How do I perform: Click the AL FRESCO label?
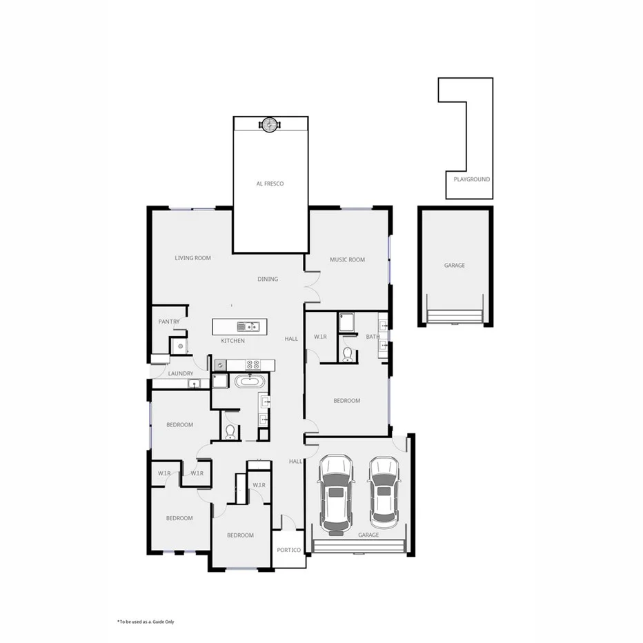pos(270,184)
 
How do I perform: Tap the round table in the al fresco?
pos(269,124)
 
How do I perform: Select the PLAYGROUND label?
pos(472,179)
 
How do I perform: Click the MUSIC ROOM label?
pos(347,260)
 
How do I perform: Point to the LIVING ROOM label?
pos(192,258)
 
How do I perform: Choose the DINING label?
pos(268,279)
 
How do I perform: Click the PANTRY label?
pos(169,321)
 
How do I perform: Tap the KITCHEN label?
pos(233,341)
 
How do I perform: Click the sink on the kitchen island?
pos(247,326)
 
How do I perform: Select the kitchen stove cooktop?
pos(253,364)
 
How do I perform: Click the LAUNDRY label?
pos(181,374)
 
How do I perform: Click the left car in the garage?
pos(335,494)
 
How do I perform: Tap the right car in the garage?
pos(384,491)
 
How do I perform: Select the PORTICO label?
pos(289,550)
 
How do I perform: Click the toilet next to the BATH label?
pos(348,355)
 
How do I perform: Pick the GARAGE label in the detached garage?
pos(454,266)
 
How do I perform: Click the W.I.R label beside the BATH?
pos(320,337)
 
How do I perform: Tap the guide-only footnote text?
pos(146,622)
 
